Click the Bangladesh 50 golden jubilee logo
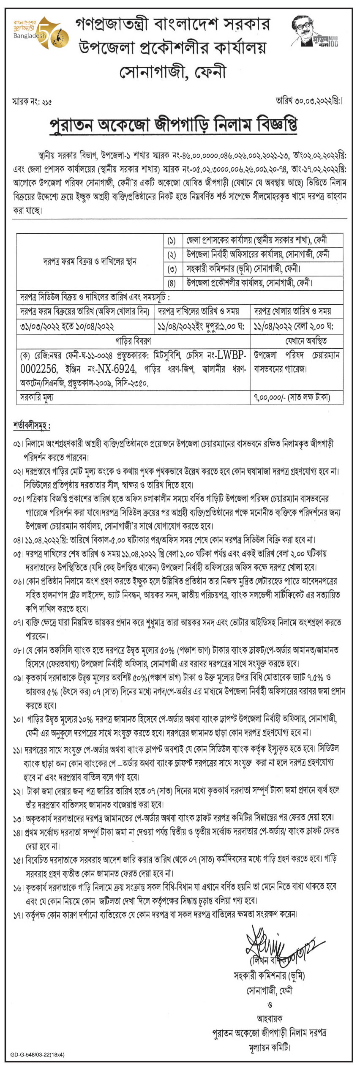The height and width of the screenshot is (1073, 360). pos(41,32)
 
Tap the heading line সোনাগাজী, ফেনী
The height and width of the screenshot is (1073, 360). pos(173,72)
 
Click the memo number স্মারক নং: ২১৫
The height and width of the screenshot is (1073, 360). pos(33,102)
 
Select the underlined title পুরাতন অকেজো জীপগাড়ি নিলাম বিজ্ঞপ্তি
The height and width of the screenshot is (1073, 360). pos(173,125)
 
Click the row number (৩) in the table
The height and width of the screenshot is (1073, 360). pos(172,269)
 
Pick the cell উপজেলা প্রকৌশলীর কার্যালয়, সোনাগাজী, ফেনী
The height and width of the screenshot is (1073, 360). pos(250,283)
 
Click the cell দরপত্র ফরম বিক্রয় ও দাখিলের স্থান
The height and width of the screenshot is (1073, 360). pos(90,262)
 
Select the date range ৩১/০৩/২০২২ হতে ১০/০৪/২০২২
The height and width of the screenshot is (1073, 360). pos(67,326)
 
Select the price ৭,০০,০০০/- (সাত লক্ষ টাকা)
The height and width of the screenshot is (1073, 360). pos(292,397)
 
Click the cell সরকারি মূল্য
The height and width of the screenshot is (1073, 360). pos(37,397)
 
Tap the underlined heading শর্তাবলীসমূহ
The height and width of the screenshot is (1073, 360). pos(31,426)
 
